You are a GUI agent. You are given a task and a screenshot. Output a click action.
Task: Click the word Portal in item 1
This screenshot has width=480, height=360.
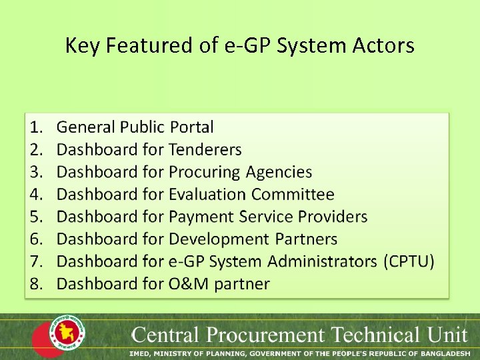tap(192, 127)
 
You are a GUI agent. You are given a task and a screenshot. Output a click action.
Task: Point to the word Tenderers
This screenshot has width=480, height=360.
tap(205, 149)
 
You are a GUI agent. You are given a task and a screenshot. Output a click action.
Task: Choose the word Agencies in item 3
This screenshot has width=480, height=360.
tap(279, 172)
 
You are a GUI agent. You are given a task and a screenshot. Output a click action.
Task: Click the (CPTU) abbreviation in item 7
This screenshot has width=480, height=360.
tap(409, 261)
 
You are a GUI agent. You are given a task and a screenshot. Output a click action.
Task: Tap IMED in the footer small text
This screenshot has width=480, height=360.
tap(141, 351)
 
